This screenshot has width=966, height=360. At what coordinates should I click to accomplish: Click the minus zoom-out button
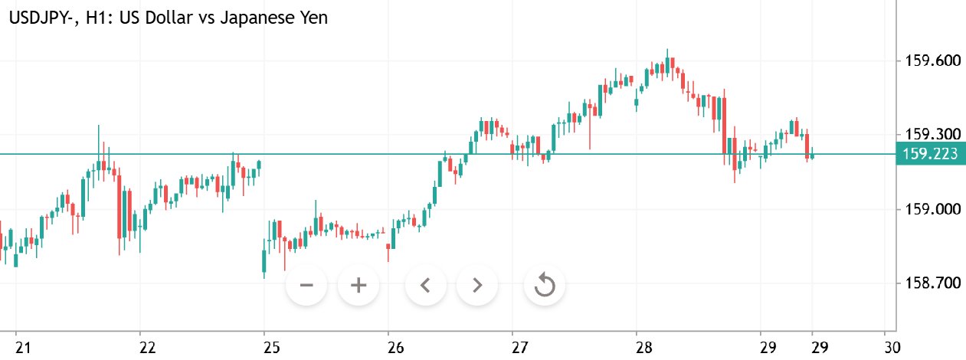click(306, 285)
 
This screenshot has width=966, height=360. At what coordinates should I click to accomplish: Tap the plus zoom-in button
click(359, 285)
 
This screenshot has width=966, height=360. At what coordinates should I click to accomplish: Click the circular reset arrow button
click(544, 285)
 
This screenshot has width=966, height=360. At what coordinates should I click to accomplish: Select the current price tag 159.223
click(930, 153)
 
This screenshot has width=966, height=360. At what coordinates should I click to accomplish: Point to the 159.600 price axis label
click(933, 61)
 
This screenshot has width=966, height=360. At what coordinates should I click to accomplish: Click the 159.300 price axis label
click(933, 135)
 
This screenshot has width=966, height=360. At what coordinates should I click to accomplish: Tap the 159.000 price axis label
click(933, 209)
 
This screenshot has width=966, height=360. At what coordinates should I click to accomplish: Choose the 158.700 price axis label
click(933, 283)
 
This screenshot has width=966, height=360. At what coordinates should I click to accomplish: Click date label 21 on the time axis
click(23, 348)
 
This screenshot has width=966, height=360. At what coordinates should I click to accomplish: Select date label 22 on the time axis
click(147, 348)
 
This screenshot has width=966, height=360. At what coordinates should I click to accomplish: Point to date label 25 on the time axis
click(272, 348)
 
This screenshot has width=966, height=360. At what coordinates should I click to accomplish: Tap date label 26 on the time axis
click(395, 348)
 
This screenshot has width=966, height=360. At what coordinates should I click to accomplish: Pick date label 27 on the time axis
click(519, 348)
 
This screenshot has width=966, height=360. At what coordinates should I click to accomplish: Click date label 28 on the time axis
click(643, 348)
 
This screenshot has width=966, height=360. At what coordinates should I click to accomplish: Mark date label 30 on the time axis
click(892, 348)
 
